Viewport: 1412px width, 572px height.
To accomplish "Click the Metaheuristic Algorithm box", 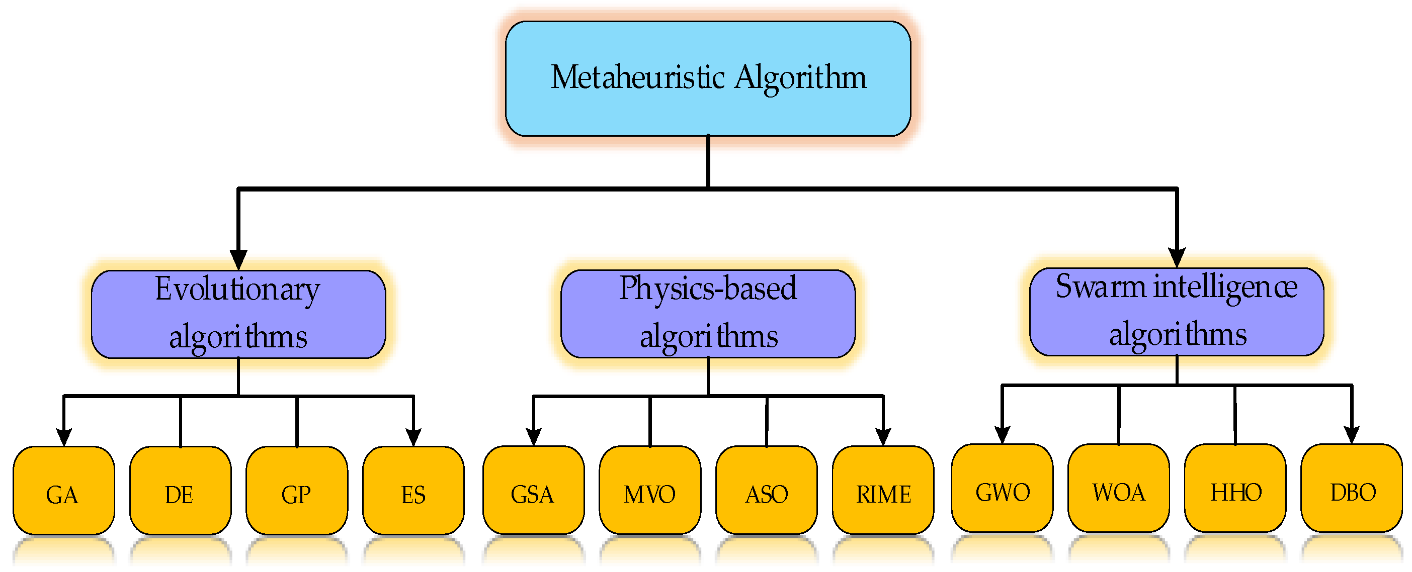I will click(x=708, y=78).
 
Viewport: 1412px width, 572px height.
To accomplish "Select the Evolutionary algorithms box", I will click(x=238, y=314).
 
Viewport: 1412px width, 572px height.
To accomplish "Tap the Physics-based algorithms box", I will click(x=708, y=314).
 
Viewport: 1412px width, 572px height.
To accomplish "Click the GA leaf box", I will click(x=63, y=491).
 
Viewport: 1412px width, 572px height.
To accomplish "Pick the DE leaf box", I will click(x=181, y=491).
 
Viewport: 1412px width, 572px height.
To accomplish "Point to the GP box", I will click(x=297, y=491).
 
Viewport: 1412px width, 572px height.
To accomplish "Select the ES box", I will click(x=413, y=491).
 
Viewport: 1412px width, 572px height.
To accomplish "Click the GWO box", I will click(x=1002, y=488).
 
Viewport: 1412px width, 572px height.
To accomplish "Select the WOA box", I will click(x=1118, y=488).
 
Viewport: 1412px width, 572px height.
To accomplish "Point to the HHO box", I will click(x=1235, y=488).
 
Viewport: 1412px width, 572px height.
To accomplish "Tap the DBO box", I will click(x=1352, y=488).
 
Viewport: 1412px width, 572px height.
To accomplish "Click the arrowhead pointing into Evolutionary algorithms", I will click(x=238, y=258).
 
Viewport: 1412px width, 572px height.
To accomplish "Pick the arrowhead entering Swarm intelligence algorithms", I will click(x=1177, y=256).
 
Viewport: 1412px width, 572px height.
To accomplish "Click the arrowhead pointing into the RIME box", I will click(x=882, y=436).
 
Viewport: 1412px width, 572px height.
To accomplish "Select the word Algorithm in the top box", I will click(x=800, y=77).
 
